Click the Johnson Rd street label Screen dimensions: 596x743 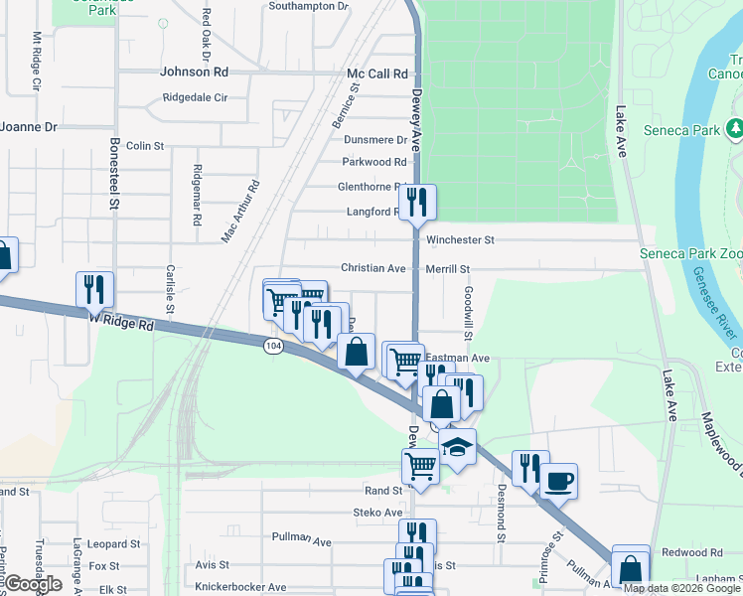(x=194, y=72)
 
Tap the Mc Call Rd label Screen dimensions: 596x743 (x=377, y=74)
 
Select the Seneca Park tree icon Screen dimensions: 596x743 (x=735, y=128)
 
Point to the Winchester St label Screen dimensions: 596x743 (x=460, y=240)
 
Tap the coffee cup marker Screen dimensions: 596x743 (x=558, y=480)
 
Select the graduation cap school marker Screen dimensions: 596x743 (x=457, y=447)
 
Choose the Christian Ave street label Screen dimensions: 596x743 (x=373, y=268)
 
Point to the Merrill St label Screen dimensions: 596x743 (x=447, y=269)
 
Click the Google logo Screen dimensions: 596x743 (x=33, y=584)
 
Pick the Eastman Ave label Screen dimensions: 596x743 (x=458, y=358)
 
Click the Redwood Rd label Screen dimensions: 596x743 (x=691, y=552)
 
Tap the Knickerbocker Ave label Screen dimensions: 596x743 (x=240, y=587)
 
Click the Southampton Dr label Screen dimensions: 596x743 (x=309, y=6)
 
